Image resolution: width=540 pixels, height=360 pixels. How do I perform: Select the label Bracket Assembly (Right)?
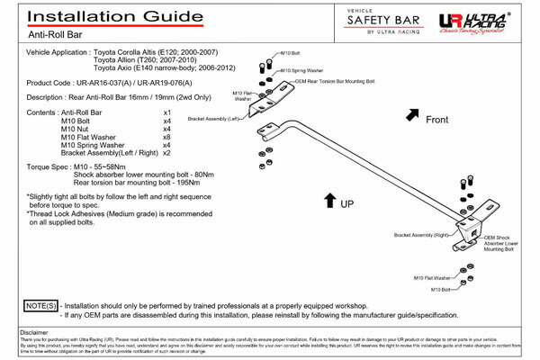419,235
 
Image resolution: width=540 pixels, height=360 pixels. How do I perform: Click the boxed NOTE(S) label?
40,307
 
